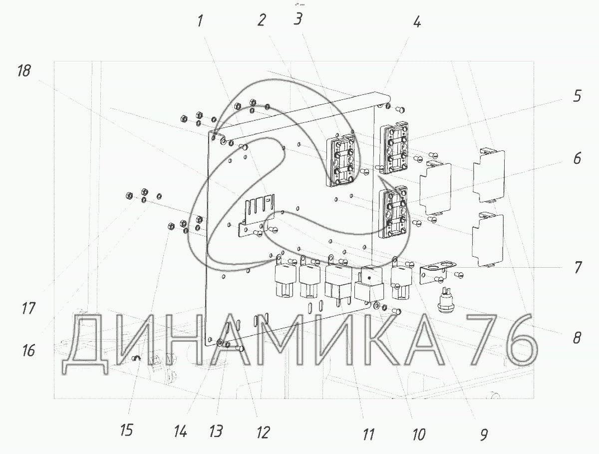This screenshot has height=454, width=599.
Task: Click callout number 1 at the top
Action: point(200,21)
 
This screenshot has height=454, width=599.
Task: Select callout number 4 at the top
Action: point(417,21)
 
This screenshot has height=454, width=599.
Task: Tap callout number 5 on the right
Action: point(577,96)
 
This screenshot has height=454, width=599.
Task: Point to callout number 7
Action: point(577,267)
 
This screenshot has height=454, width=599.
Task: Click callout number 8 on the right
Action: point(577,338)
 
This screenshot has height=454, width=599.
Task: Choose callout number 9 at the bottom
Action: point(484,435)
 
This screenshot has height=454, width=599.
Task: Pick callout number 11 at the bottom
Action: point(368,435)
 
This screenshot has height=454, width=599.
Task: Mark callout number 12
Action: point(263,433)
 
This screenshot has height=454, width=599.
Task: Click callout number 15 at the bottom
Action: point(126,431)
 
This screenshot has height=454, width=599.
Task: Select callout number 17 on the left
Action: point(28,309)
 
